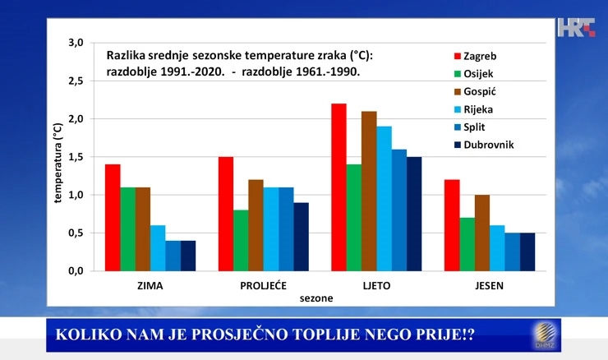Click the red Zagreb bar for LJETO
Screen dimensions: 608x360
pyautogui.click(x=339, y=187)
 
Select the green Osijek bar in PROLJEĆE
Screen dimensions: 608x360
pyautogui.click(x=241, y=241)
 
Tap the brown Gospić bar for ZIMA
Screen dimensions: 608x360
pyautogui.click(x=143, y=229)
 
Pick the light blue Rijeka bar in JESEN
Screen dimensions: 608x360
pyautogui.click(x=497, y=248)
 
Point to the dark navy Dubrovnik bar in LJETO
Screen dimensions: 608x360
pyautogui.click(x=414, y=214)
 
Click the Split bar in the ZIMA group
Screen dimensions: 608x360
pyautogui.click(x=173, y=256)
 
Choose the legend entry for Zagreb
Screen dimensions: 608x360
pyautogui.click(x=475, y=56)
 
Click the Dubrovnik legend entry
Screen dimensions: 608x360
pyautogui.click(x=484, y=145)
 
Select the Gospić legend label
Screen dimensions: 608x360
pyautogui.click(x=480, y=91)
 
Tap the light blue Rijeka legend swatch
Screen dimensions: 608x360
pyautogui.click(x=457, y=109)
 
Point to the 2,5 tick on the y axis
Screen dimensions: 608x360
pyautogui.click(x=76, y=81)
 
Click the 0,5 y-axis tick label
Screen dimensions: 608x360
pyautogui.click(x=76, y=233)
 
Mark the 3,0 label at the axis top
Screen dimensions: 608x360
pyautogui.click(x=76, y=43)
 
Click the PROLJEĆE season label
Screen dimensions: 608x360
pyautogui.click(x=263, y=285)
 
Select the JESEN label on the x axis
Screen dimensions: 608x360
pyautogui.click(x=490, y=285)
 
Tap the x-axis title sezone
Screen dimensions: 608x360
pyautogui.click(x=316, y=298)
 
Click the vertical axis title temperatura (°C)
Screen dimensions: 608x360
pyautogui.click(x=58, y=163)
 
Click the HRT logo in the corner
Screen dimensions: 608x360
pyautogui.click(x=576, y=28)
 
